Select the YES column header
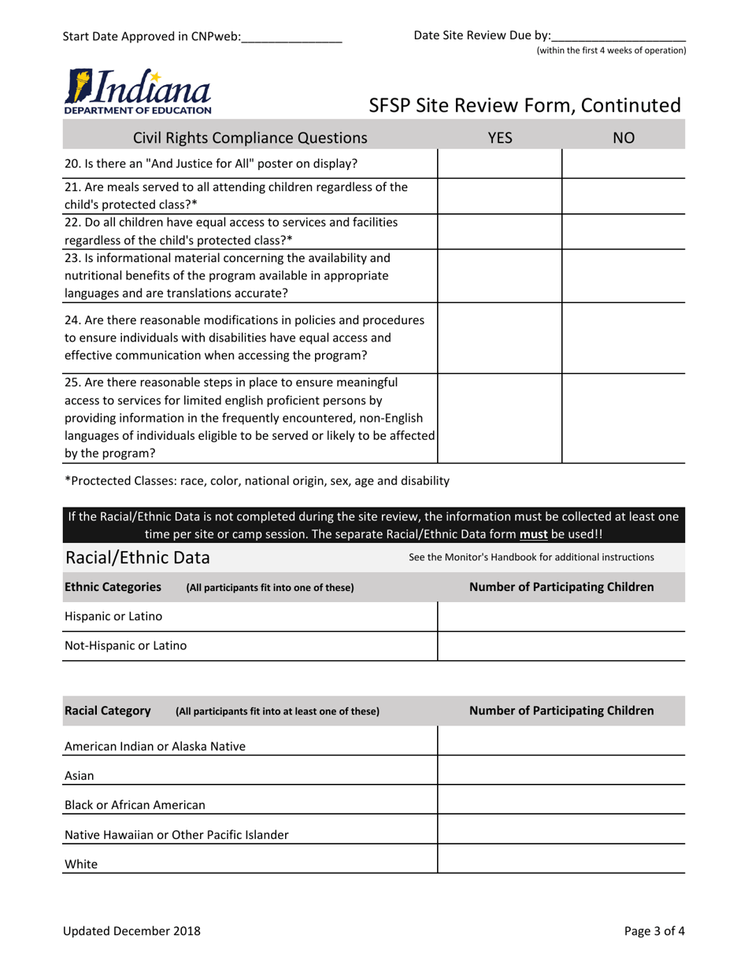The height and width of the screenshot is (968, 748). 499,139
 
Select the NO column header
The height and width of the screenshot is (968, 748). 623,139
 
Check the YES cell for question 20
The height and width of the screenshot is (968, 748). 499,164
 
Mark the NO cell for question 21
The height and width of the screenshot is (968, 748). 623,195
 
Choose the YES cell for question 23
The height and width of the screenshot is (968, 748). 499,275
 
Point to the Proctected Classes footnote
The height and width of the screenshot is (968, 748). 257,480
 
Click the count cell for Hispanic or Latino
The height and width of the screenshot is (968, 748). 561,616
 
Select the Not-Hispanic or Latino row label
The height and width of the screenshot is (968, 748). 126,646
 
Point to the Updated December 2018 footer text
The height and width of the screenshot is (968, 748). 131,931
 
